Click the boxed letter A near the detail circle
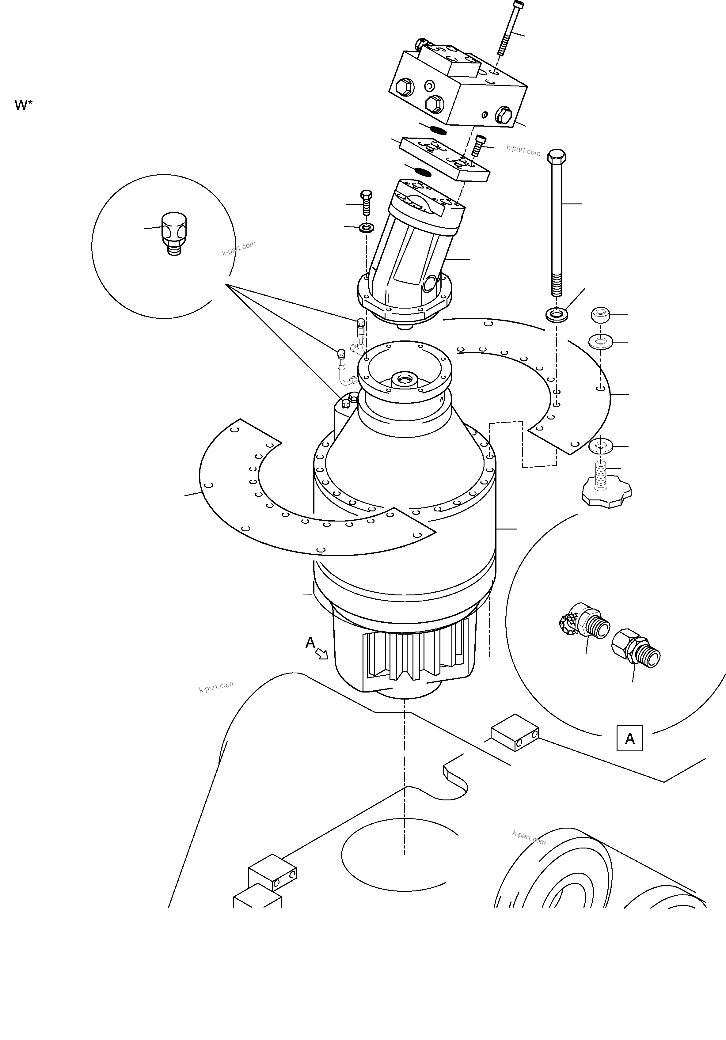point(629,739)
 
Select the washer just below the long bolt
point(557,313)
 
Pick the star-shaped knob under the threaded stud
point(606,495)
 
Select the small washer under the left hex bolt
point(365,227)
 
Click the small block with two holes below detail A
point(515,732)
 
